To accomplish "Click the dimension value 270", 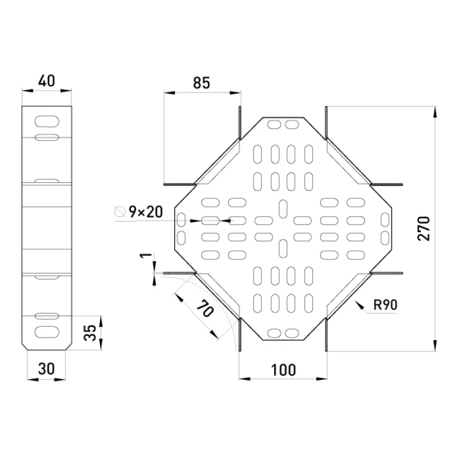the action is coord(423,228).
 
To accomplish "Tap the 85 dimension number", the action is coord(202,83).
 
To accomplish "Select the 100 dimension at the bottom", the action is coord(283,370).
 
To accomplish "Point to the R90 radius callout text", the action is coord(385,304).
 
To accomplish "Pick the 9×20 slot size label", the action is coord(146,212).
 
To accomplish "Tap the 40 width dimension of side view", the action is coord(46,81).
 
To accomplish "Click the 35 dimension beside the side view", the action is coord(90,332).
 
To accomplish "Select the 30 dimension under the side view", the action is coord(46,368).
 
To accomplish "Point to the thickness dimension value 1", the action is coord(146,255).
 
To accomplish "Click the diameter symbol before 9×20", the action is coord(120,211).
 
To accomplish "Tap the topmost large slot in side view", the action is coord(47,122).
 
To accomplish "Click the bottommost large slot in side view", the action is coord(47,332).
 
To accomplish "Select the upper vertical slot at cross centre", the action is coord(283,209).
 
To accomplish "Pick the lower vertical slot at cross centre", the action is coord(283,248).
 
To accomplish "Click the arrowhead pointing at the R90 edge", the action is coord(359,305).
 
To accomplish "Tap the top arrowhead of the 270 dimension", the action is coord(435,112).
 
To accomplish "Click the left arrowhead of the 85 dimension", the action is coord(169,93).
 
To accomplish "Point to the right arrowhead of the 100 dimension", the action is coord(321,379).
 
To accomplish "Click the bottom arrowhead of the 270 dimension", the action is coord(435,346).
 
